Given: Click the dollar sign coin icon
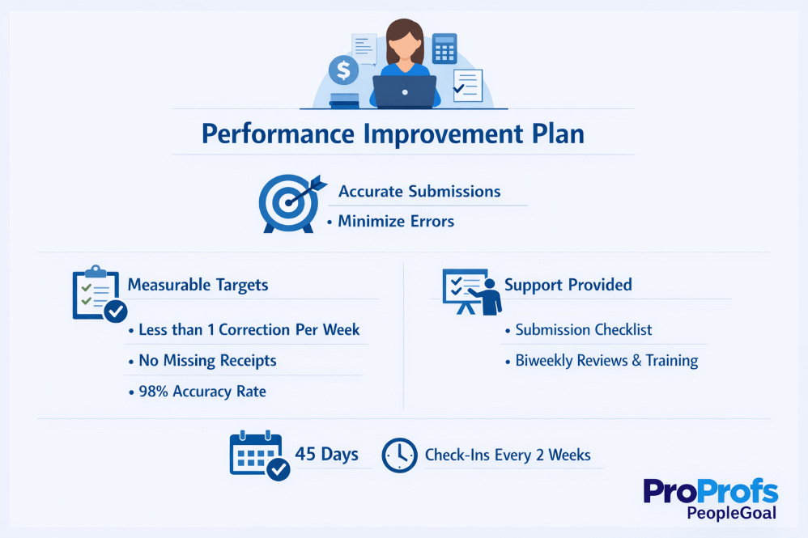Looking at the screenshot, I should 343,71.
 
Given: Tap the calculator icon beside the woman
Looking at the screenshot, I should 444,49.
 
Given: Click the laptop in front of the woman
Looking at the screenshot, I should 404,91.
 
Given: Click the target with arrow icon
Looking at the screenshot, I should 289,202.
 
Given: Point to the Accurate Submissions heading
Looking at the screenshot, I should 419,192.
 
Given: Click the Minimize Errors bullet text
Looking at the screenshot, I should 395,221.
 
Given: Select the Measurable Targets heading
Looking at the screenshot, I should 198,285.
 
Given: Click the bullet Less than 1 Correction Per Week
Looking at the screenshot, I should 249,330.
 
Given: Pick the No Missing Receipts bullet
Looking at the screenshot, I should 207,361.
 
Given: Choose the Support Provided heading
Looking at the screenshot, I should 568,285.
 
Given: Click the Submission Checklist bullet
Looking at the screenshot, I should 583,330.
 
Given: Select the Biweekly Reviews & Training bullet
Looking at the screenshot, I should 606,361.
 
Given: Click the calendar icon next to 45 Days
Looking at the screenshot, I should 258,455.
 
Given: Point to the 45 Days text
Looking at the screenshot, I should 326,454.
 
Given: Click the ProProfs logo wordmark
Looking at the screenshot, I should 710,492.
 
